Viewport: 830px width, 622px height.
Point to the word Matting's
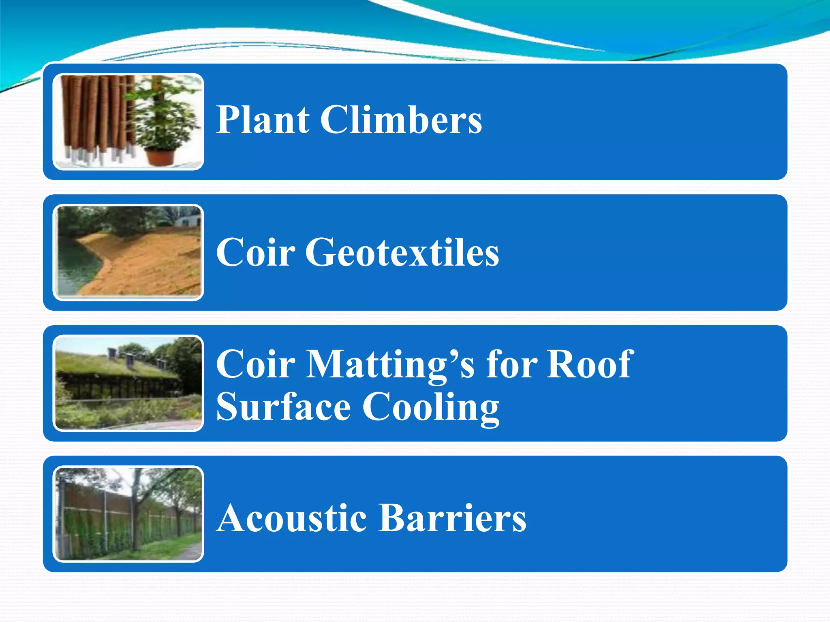pyautogui.click(x=389, y=364)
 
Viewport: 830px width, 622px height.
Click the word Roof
pyautogui.click(x=590, y=364)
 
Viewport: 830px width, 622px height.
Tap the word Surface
pyautogui.click(x=283, y=407)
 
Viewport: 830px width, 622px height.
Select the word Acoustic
pyautogui.click(x=291, y=518)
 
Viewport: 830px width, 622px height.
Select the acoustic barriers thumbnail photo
pyautogui.click(x=128, y=514)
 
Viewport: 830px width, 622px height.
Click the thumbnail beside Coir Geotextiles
pyautogui.click(x=128, y=252)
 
